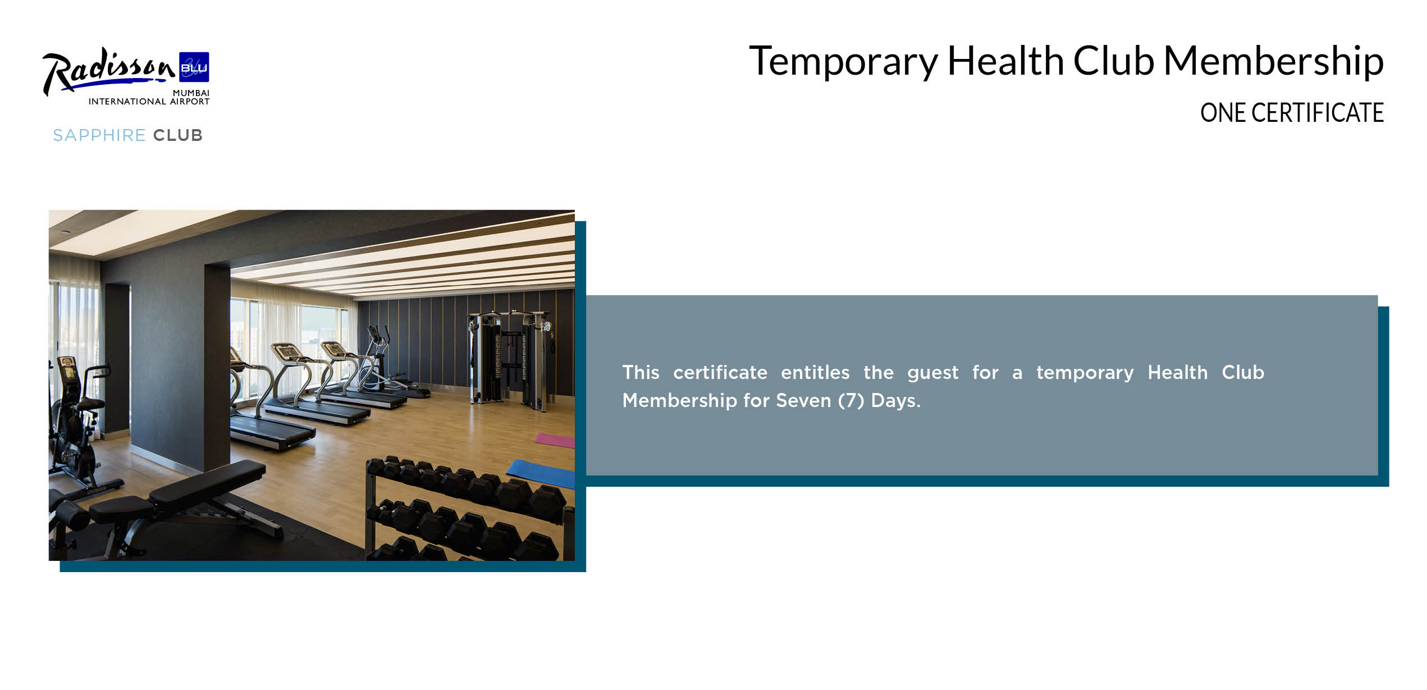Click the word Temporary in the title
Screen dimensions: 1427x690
pos(843,61)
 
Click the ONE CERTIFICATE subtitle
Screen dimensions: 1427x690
pos(1292,113)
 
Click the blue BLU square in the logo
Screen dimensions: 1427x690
pos(194,67)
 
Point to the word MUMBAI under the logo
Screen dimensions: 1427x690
pos(191,93)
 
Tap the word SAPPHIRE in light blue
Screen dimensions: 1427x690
pos(99,135)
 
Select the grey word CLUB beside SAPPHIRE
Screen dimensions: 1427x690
pos(177,135)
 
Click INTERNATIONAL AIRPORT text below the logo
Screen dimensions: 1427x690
pos(149,102)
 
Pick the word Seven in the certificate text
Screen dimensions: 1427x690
pos(803,400)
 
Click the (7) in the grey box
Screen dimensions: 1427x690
pos(851,401)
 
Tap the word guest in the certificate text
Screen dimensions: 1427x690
pos(933,373)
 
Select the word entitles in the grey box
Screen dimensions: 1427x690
pos(815,372)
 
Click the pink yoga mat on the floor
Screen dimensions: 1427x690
pos(555,440)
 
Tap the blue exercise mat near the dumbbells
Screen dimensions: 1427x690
pos(541,473)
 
